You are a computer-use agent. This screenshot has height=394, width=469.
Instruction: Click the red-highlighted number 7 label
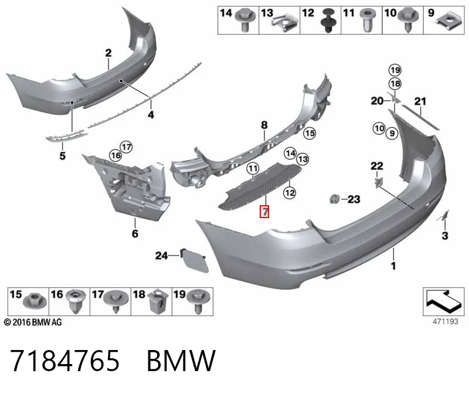click(x=265, y=212)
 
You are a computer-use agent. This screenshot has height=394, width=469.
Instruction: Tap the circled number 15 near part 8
click(x=310, y=133)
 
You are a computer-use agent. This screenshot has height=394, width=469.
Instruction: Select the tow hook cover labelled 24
click(x=194, y=260)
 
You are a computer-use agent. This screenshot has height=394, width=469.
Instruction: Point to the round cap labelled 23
click(x=335, y=199)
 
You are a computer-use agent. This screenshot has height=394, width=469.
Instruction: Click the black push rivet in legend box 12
click(x=328, y=21)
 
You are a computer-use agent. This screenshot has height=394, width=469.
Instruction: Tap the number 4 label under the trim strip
click(x=151, y=114)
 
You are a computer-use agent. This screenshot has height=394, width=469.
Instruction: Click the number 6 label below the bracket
click(x=135, y=234)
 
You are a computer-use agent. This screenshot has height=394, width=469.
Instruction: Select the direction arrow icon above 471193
click(x=443, y=301)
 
